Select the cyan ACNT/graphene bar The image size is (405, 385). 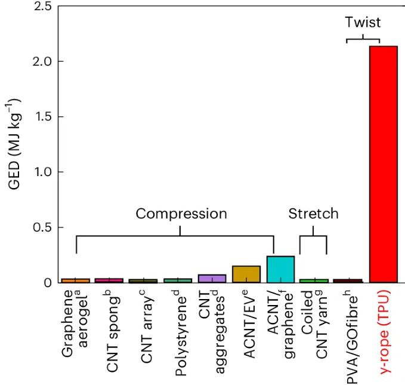280,269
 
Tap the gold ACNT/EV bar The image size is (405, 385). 246,274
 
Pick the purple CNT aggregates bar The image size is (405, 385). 212,278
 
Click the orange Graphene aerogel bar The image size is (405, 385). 75,280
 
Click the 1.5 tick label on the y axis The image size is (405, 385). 44,116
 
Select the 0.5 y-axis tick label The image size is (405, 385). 44,227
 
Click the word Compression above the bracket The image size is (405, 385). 181,214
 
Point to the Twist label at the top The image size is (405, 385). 363,23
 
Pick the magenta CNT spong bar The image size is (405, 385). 109,280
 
